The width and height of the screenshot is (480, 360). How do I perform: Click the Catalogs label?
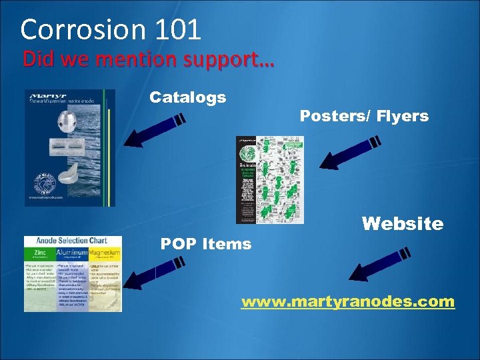pos(187,97)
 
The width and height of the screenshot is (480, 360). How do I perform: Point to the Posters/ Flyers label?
pos(364,116)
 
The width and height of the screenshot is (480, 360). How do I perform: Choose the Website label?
pos(402,223)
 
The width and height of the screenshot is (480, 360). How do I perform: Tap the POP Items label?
pos(206,244)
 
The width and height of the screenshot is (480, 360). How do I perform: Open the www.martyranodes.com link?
pos(347,302)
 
